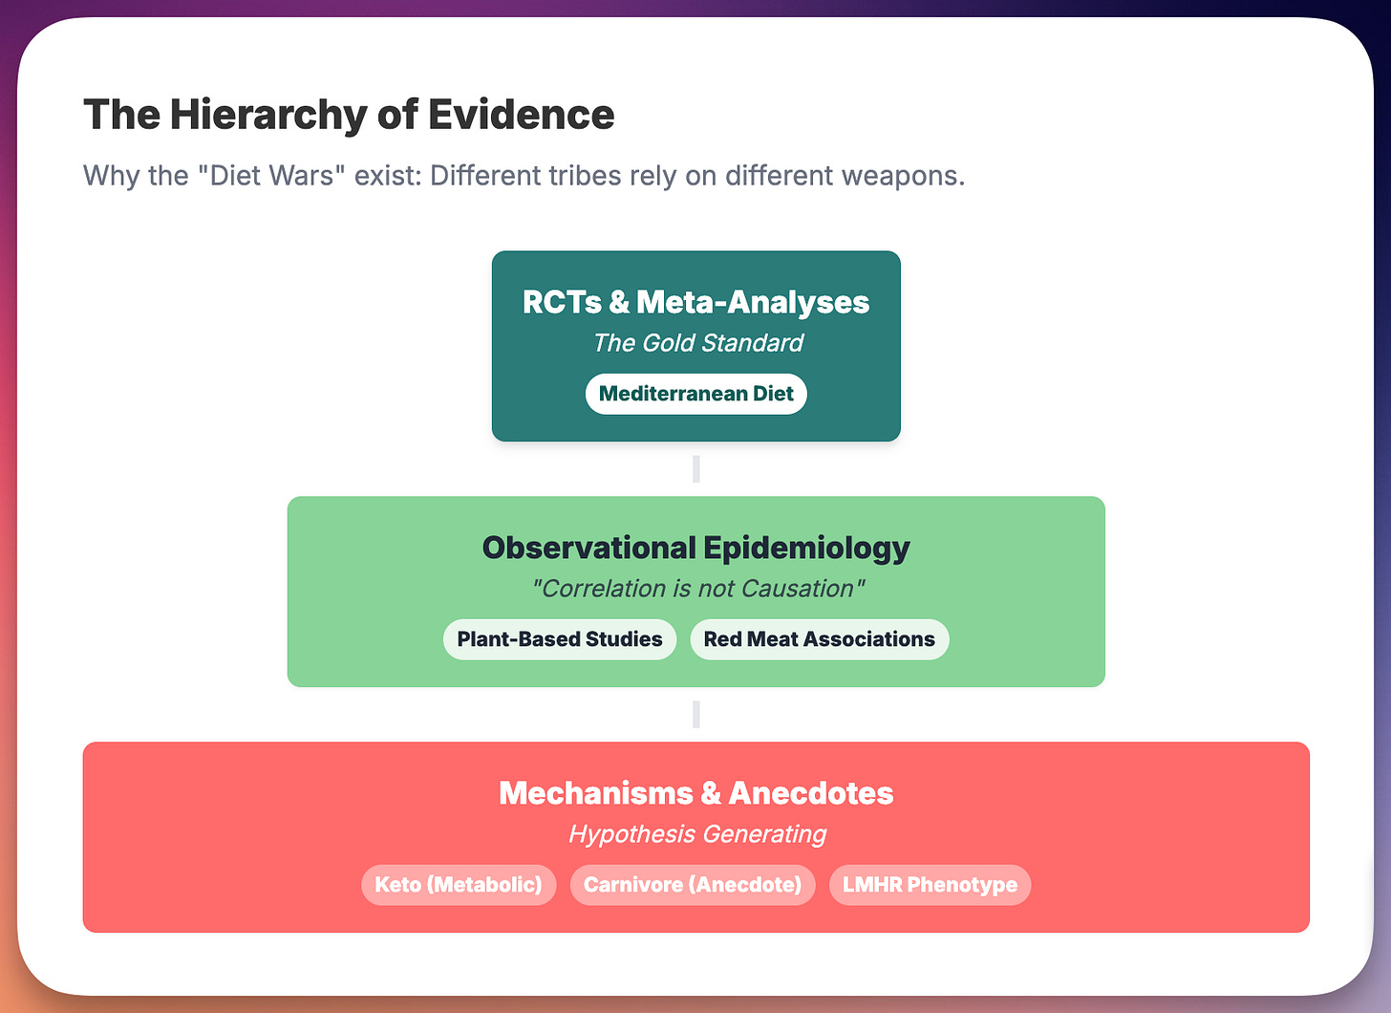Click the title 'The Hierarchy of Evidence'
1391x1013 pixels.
[349, 116]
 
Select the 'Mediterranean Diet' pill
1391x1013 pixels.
[695, 394]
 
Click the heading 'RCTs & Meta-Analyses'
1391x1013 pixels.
[695, 302]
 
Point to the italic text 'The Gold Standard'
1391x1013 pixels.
[697, 343]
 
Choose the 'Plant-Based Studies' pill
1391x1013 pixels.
[559, 639]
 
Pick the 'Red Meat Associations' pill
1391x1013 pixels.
[819, 639]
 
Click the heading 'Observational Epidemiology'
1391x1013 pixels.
[695, 548]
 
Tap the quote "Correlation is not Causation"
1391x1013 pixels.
[697, 589]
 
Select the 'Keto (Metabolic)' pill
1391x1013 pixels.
[458, 885]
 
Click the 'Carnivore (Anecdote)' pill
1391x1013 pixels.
[692, 885]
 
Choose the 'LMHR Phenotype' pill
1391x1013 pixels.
[930, 885]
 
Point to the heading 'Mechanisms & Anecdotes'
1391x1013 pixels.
[695, 793]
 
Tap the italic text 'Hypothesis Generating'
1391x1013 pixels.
[697, 834]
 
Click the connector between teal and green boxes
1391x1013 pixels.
[695, 469]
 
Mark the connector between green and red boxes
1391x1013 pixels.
[695, 715]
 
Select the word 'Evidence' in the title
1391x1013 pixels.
[521, 116]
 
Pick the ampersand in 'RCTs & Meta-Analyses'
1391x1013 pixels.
[619, 302]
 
